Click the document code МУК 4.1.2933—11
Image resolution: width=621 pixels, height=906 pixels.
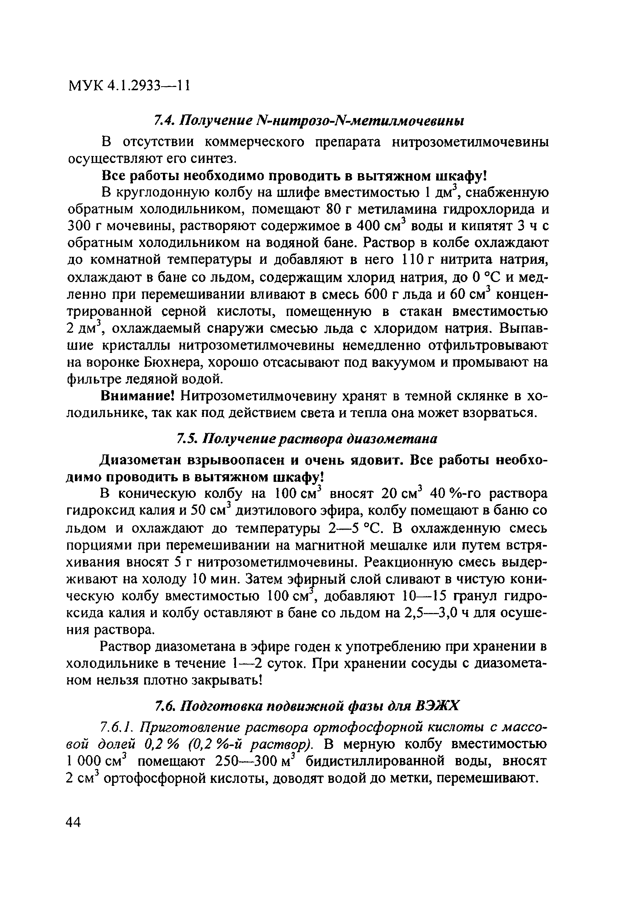point(129,85)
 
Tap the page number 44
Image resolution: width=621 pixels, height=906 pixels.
point(74,822)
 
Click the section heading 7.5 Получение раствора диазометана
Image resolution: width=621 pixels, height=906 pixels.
point(307,439)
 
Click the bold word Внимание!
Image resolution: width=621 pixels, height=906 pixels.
point(137,396)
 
